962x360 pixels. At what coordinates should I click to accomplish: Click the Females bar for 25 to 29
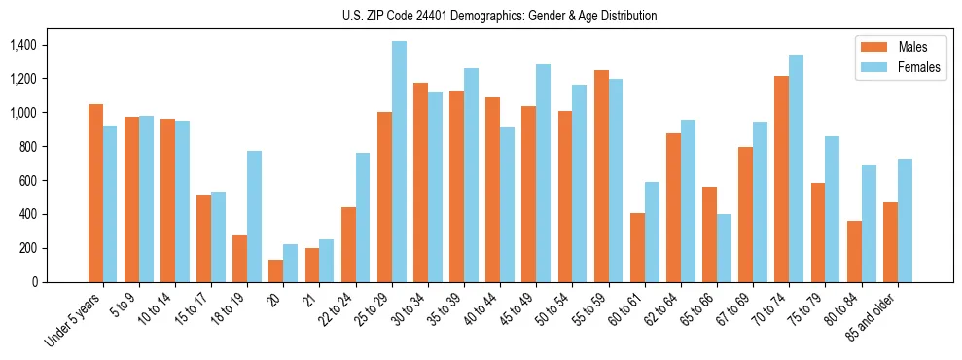pos(399,162)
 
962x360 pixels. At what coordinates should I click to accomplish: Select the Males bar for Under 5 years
pos(95,193)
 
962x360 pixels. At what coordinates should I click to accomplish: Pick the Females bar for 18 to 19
pos(254,216)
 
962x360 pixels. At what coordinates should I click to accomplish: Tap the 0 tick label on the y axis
pos(34,282)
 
